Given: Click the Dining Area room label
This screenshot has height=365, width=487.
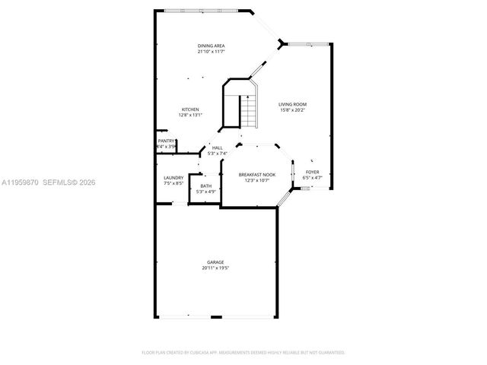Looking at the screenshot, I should tap(211, 46).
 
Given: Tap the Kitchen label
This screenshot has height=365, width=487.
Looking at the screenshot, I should tap(189, 109).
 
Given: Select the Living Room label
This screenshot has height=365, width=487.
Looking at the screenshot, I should tap(292, 104).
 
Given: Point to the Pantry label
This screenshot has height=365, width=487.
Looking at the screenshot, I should tap(166, 141).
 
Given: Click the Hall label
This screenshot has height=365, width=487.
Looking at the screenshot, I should tap(217, 148).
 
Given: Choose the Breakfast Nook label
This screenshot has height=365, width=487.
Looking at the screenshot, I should tap(257, 174).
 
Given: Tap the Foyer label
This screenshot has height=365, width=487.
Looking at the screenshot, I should tap(312, 172).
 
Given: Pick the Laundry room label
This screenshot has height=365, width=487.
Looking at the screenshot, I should tap(173, 178).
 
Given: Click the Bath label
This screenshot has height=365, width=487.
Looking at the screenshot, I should tap(206, 186).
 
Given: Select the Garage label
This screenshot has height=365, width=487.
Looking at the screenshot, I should tap(216, 262).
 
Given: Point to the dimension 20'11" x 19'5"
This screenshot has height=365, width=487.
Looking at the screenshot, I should tap(216, 268).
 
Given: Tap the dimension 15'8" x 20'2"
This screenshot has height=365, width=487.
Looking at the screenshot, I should tap(292, 109).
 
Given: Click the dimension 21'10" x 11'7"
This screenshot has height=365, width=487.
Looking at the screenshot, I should tap(211, 52).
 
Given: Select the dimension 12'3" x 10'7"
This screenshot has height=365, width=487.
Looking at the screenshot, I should tap(257, 180).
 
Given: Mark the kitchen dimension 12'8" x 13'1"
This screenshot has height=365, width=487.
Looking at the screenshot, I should tap(189, 115).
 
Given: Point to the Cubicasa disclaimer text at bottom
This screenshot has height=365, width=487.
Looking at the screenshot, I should tap(243, 353).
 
